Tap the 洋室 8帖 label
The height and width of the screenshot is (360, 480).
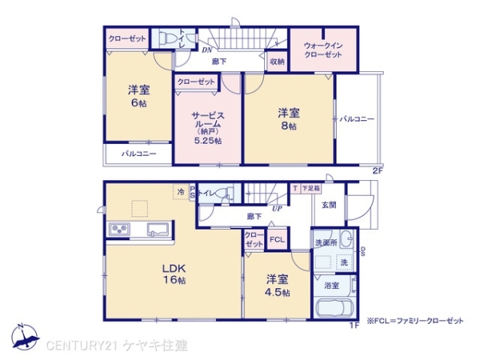[288, 119]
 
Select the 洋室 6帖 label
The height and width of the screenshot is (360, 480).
[137, 97]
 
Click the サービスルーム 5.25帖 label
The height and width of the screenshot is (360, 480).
[207, 127]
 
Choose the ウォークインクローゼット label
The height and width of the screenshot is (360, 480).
[323, 50]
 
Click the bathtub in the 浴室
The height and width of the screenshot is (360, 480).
[337, 310]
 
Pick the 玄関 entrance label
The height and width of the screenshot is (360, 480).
[330, 205]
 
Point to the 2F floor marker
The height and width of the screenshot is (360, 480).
[377, 170]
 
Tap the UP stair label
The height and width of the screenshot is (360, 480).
[277, 208]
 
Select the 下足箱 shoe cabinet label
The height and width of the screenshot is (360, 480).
[310, 189]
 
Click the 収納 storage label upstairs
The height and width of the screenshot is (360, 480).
[277, 62]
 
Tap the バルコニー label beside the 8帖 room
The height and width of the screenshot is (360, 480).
[357, 119]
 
